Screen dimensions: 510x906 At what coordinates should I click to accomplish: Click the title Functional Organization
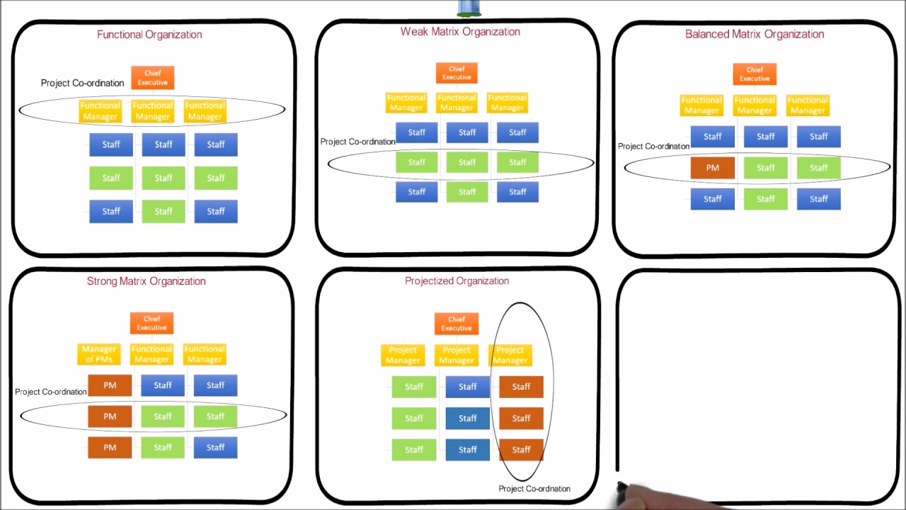coord(149,35)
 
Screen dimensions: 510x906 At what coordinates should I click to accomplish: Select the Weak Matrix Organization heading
coord(460,32)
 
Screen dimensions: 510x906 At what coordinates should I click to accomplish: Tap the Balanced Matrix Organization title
coord(755,34)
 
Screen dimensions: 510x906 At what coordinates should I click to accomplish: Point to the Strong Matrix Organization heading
coord(146,281)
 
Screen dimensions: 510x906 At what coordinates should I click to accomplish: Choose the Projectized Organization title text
coord(457,281)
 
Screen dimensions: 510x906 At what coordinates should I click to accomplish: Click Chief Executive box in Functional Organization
coord(152,78)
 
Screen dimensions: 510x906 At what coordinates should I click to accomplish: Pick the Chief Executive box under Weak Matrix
coord(457,73)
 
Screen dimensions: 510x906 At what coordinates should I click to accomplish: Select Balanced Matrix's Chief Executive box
coord(755,74)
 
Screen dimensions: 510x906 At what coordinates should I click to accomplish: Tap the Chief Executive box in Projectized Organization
coord(457,324)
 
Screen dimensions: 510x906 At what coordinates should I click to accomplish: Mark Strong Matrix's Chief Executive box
coord(151,323)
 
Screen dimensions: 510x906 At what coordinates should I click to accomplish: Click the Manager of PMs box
coord(99,353)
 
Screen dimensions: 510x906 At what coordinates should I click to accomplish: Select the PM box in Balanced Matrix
coord(712,168)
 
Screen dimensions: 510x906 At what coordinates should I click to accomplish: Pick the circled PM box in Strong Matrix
coord(110,416)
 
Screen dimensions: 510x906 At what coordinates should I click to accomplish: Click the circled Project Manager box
coord(510,355)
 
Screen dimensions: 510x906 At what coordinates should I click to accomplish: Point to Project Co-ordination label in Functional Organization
coord(82,83)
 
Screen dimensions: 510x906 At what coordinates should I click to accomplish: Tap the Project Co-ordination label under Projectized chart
coord(534,489)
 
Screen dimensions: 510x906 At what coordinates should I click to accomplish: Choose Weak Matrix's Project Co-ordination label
coord(357,142)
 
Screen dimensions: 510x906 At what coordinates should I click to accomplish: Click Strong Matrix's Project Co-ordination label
coord(51,392)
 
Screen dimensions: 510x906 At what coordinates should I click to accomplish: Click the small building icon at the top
coord(469,8)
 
